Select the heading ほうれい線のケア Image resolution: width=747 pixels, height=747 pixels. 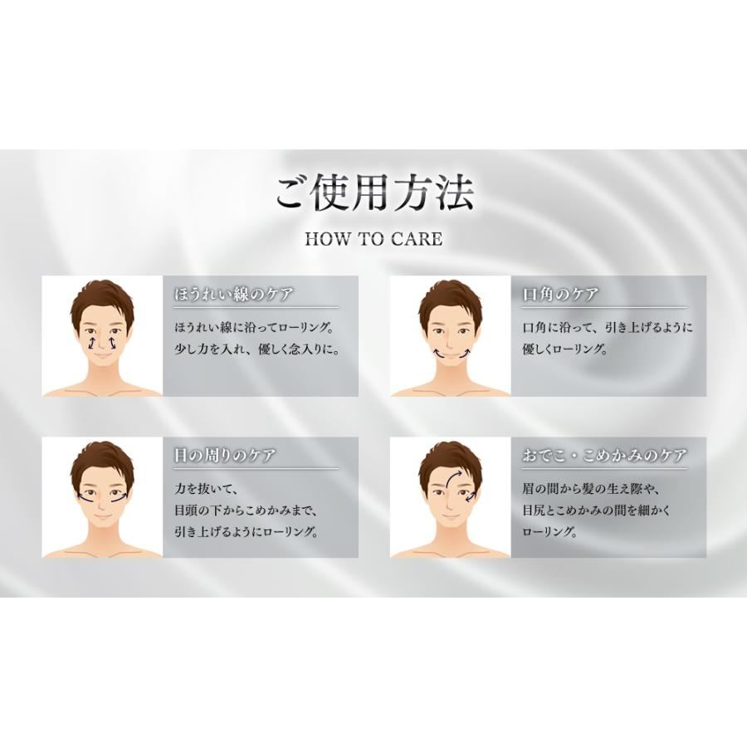point(234,295)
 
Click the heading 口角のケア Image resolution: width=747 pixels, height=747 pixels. point(560,295)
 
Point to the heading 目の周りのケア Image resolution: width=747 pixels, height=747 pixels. point(224,456)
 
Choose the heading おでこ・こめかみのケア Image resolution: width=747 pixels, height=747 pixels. point(604,456)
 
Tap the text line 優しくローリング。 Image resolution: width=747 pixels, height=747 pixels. point(564,349)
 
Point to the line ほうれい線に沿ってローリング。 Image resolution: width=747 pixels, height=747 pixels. point(253,327)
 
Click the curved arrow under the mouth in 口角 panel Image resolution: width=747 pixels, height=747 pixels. point(450,354)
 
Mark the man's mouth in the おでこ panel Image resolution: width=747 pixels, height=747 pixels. point(450,516)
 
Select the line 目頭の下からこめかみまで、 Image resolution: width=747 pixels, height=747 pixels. point(247,510)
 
